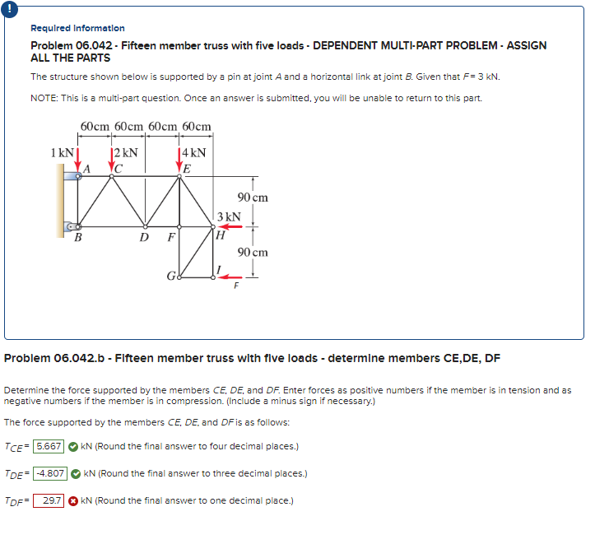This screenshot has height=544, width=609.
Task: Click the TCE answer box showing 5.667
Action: (48, 447)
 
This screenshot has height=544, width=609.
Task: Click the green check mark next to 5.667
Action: (73, 447)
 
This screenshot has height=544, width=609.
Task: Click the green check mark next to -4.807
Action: (76, 474)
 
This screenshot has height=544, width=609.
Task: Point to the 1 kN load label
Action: (61, 153)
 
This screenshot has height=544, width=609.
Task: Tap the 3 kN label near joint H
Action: (228, 216)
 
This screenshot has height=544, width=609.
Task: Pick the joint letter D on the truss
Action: (144, 239)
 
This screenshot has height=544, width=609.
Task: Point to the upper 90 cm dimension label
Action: (252, 198)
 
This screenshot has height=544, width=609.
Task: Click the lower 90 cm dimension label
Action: (252, 252)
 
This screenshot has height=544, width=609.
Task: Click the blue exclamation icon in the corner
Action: (7, 7)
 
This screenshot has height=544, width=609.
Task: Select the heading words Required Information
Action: (78, 28)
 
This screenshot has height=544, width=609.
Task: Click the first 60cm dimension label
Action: (96, 127)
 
